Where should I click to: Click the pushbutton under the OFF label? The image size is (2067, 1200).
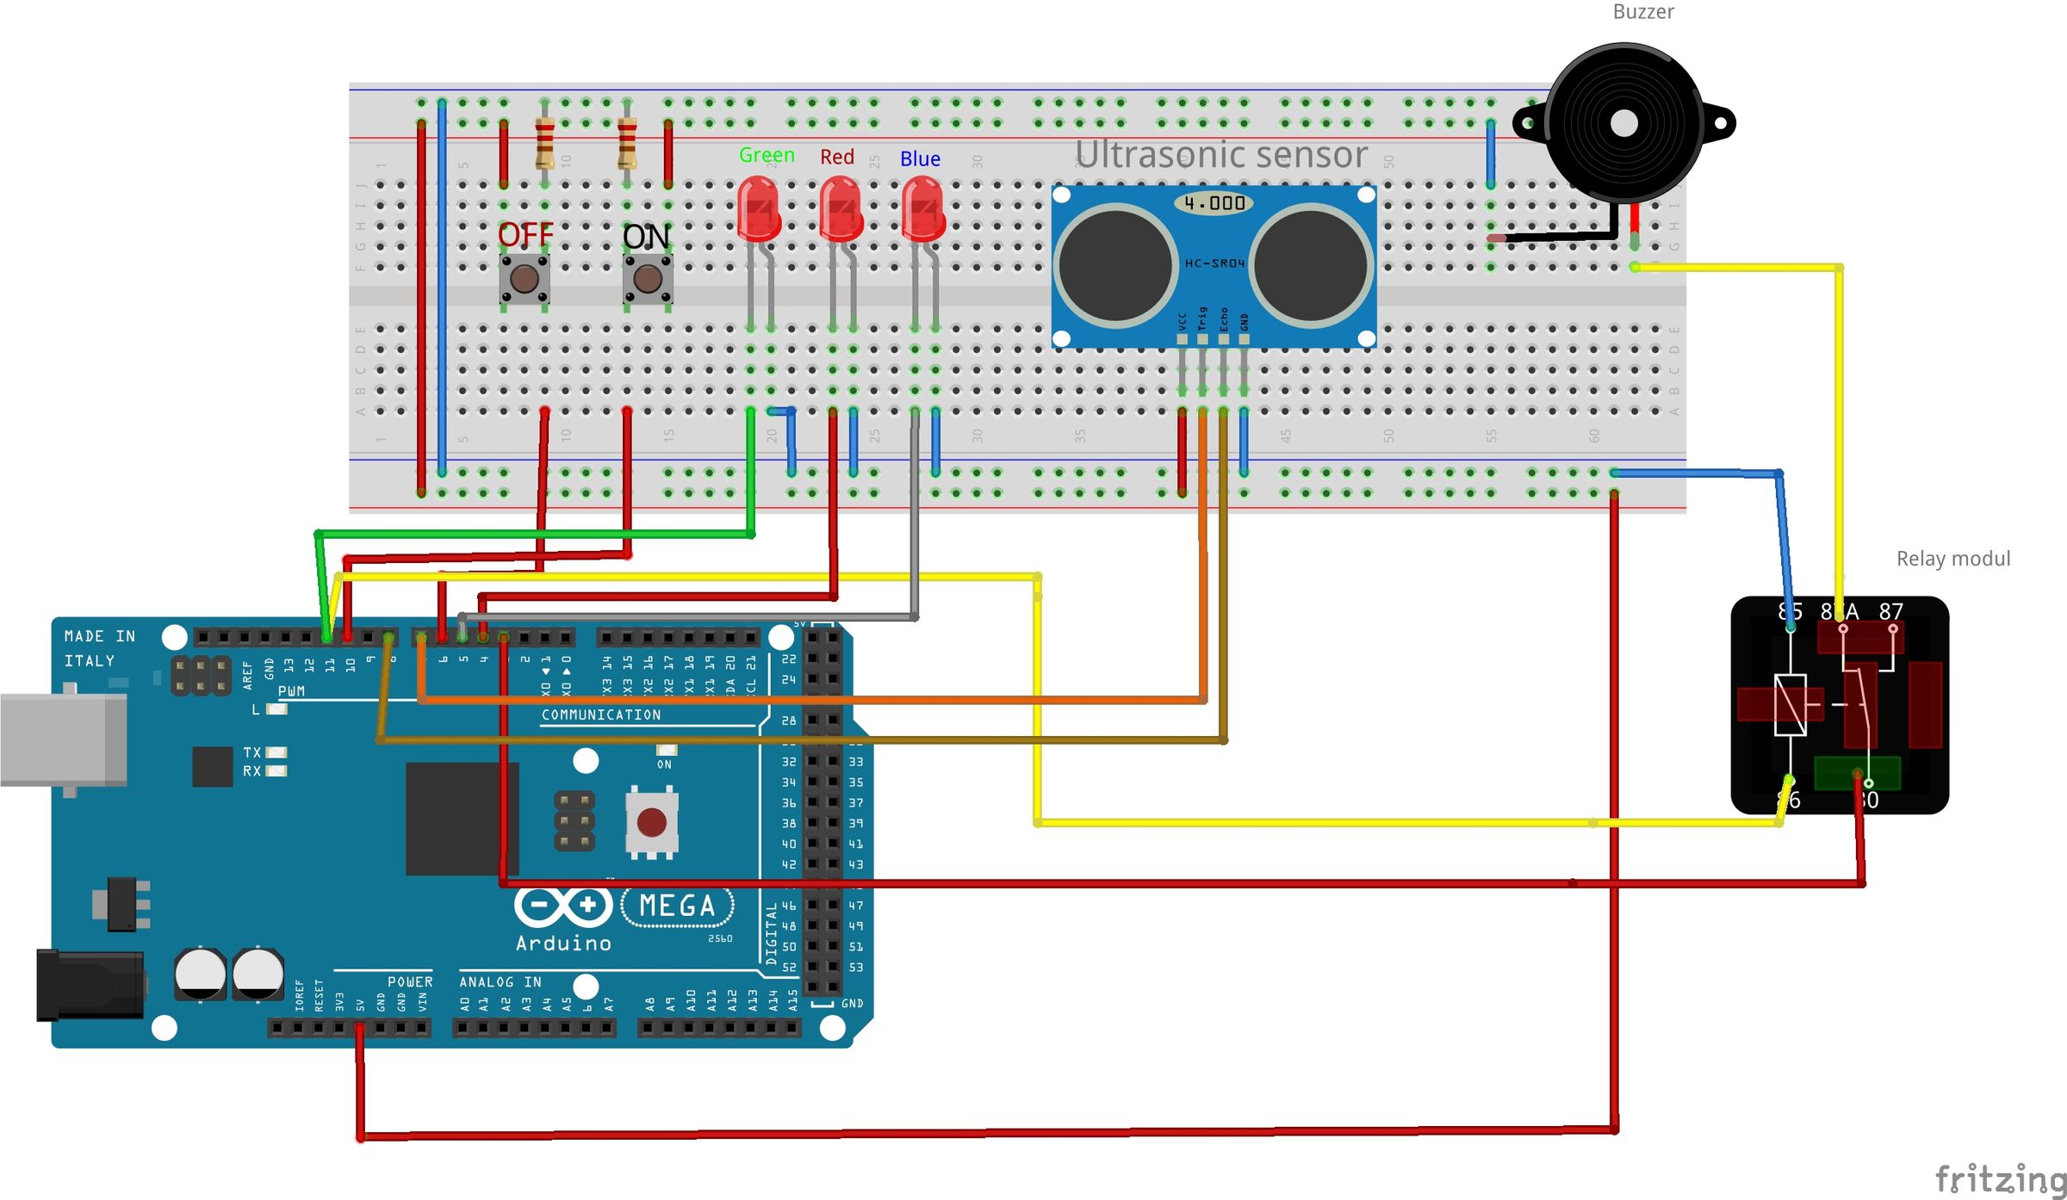click(x=525, y=279)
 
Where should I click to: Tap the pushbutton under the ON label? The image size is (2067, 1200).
click(x=648, y=279)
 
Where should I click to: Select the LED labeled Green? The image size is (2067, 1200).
click(x=759, y=209)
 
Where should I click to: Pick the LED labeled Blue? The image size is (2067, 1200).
click(x=922, y=209)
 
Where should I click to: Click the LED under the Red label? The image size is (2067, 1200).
click(x=840, y=209)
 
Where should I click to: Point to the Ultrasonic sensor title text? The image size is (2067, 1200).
click(x=1220, y=155)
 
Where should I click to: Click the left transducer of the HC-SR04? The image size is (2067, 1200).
click(x=1115, y=265)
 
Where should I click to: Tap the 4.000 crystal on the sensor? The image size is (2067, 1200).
click(x=1214, y=203)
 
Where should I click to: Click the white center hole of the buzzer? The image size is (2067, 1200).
click(x=1623, y=123)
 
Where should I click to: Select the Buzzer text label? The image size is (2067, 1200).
click(x=1642, y=12)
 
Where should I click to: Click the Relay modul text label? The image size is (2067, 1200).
click(x=1952, y=559)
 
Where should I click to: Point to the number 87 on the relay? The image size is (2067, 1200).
click(x=1890, y=611)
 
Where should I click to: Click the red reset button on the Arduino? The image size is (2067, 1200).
click(x=651, y=822)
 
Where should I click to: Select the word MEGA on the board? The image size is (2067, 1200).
click(x=677, y=906)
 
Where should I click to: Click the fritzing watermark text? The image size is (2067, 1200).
click(x=2000, y=1178)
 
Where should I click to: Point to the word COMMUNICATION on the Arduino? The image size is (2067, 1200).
click(x=601, y=714)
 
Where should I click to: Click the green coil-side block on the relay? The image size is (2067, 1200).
click(x=1856, y=772)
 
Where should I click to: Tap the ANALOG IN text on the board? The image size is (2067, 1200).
click(x=500, y=981)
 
